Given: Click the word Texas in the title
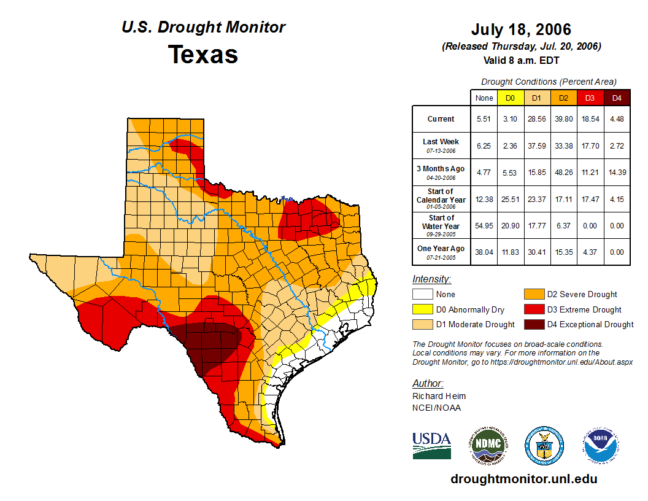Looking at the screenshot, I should [203, 55].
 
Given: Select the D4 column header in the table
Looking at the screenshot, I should [617, 98].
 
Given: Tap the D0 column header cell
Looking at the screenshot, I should [510, 98].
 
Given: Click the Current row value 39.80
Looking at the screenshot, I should [563, 119].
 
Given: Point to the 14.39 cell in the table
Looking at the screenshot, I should [617, 172].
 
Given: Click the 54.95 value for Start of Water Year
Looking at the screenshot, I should [484, 225].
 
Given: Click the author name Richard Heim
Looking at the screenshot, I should [439, 396].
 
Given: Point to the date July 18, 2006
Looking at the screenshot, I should [521, 29].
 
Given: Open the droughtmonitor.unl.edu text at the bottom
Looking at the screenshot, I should [523, 479].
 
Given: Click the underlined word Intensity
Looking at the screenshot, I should [431, 279].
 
